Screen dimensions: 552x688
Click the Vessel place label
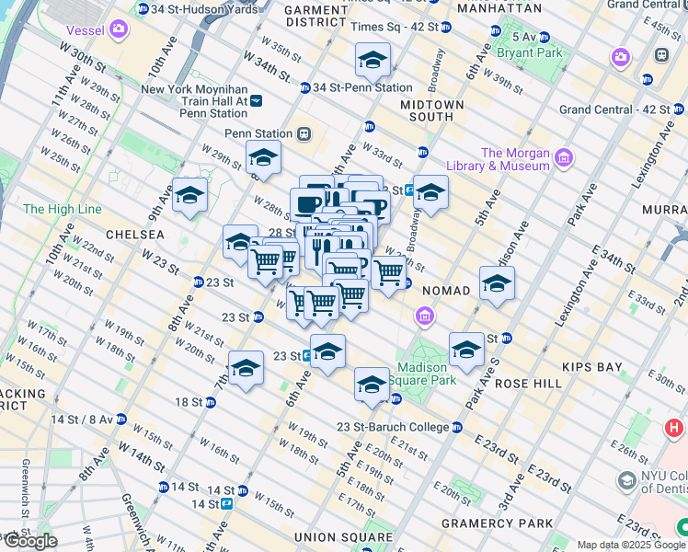coord(80,29)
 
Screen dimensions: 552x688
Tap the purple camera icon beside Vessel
coord(118,29)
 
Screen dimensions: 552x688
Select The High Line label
coord(62,209)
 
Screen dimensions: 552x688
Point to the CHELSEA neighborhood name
coord(135,235)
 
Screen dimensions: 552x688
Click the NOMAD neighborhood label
coord(446,290)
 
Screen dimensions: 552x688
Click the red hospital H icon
coord(673,428)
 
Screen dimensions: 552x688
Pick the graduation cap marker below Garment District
coord(372,61)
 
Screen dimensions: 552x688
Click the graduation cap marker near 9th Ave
coord(190,196)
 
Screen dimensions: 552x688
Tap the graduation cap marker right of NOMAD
coord(497,284)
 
